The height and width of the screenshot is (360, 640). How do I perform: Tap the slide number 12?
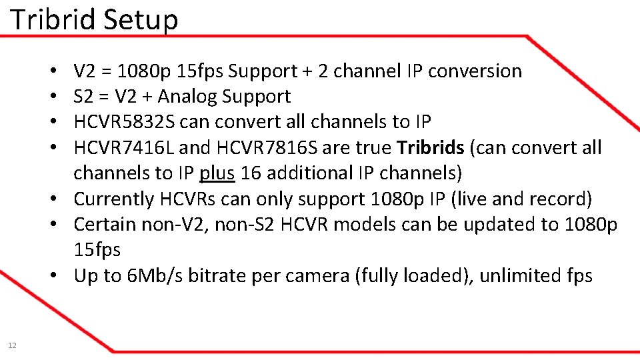coord(12,345)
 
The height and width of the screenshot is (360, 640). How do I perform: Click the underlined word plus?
coord(217,173)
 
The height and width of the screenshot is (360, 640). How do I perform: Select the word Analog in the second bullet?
coord(187,97)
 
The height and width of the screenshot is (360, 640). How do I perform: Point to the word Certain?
coord(105,225)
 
